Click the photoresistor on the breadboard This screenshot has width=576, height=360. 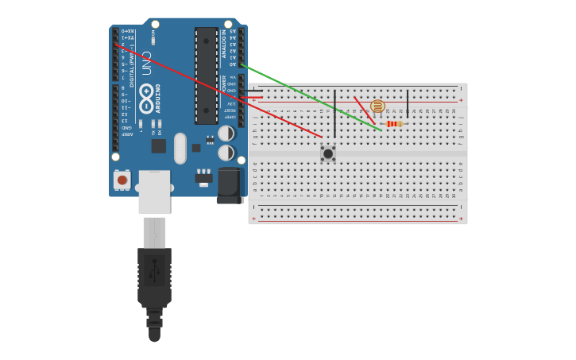tap(377, 106)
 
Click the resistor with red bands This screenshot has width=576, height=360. tap(393, 124)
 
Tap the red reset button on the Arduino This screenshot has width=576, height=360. tap(122, 180)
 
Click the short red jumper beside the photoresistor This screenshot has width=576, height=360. tap(362, 109)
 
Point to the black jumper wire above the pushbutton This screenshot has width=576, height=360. tap(334, 113)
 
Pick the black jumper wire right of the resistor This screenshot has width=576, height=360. tap(408, 103)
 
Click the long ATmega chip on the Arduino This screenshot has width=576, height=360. tap(206, 75)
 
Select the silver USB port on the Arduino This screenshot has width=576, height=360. tap(154, 192)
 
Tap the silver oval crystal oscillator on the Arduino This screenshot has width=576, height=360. tap(180, 148)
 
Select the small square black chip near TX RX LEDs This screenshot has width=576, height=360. tap(159, 146)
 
